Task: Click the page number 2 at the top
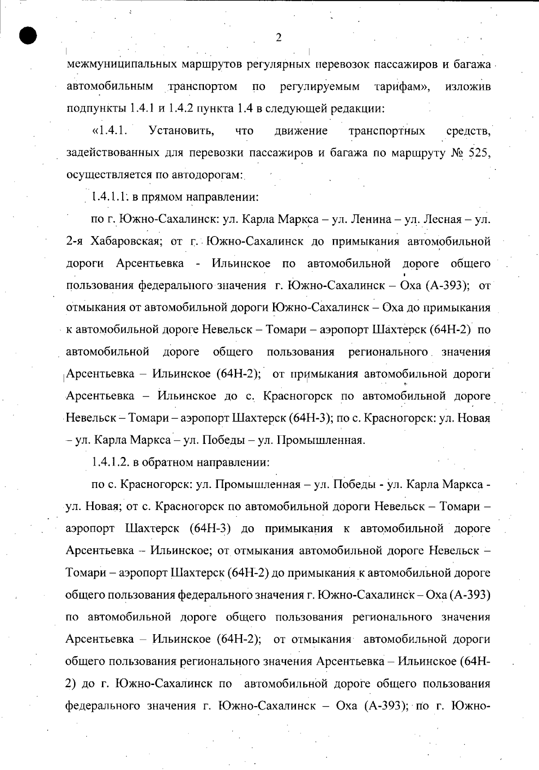tap(278, 38)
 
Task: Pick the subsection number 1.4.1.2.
tap(110, 462)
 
